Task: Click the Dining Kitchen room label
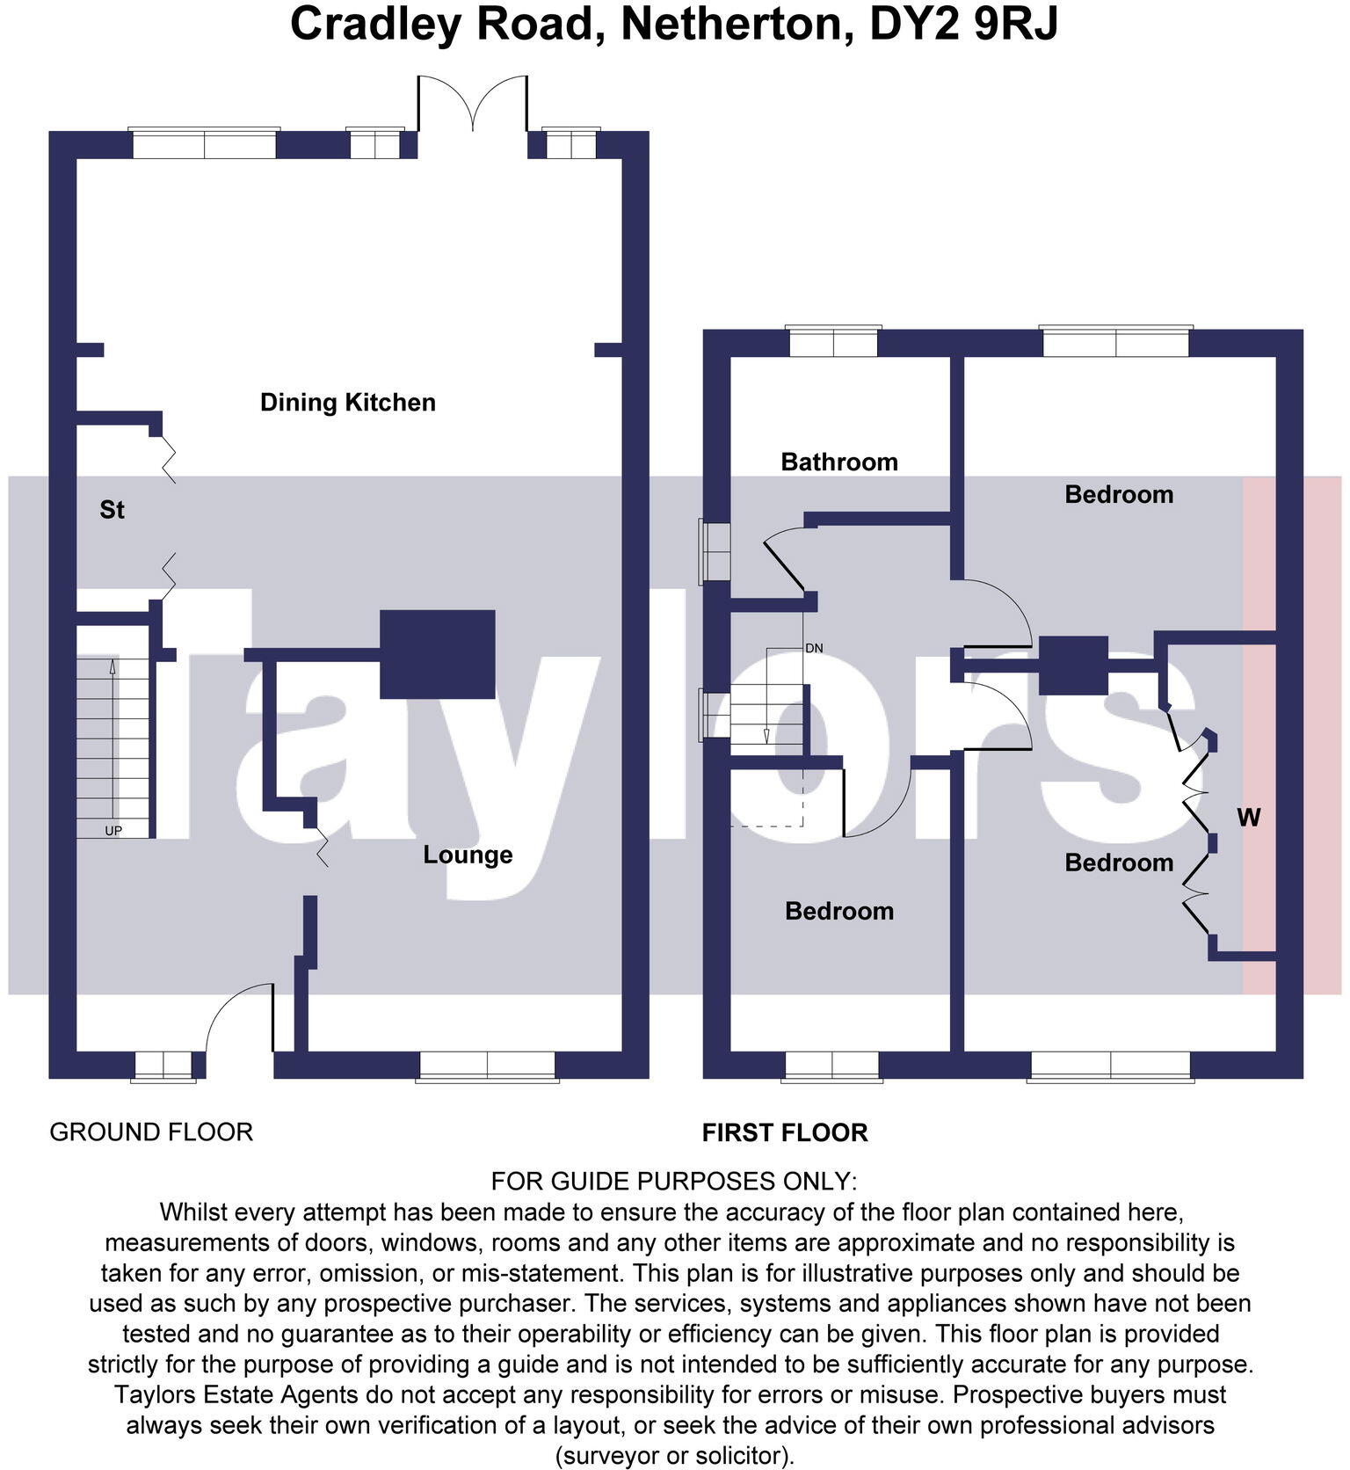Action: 348,403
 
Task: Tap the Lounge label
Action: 468,855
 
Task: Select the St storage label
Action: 112,510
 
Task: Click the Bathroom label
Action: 839,462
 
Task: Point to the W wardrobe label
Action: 1248,818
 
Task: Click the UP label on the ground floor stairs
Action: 113,831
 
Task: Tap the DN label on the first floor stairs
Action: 814,648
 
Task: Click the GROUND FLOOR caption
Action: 151,1132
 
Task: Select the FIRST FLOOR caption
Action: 785,1132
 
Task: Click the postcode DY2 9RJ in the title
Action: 963,25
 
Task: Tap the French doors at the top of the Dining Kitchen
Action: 473,104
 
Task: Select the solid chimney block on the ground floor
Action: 437,654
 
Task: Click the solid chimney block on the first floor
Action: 1073,666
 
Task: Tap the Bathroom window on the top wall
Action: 833,342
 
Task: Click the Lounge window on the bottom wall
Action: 487,1066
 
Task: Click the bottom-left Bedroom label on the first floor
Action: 839,911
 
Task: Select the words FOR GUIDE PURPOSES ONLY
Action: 673,1180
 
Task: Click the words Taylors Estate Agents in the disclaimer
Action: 236,1394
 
